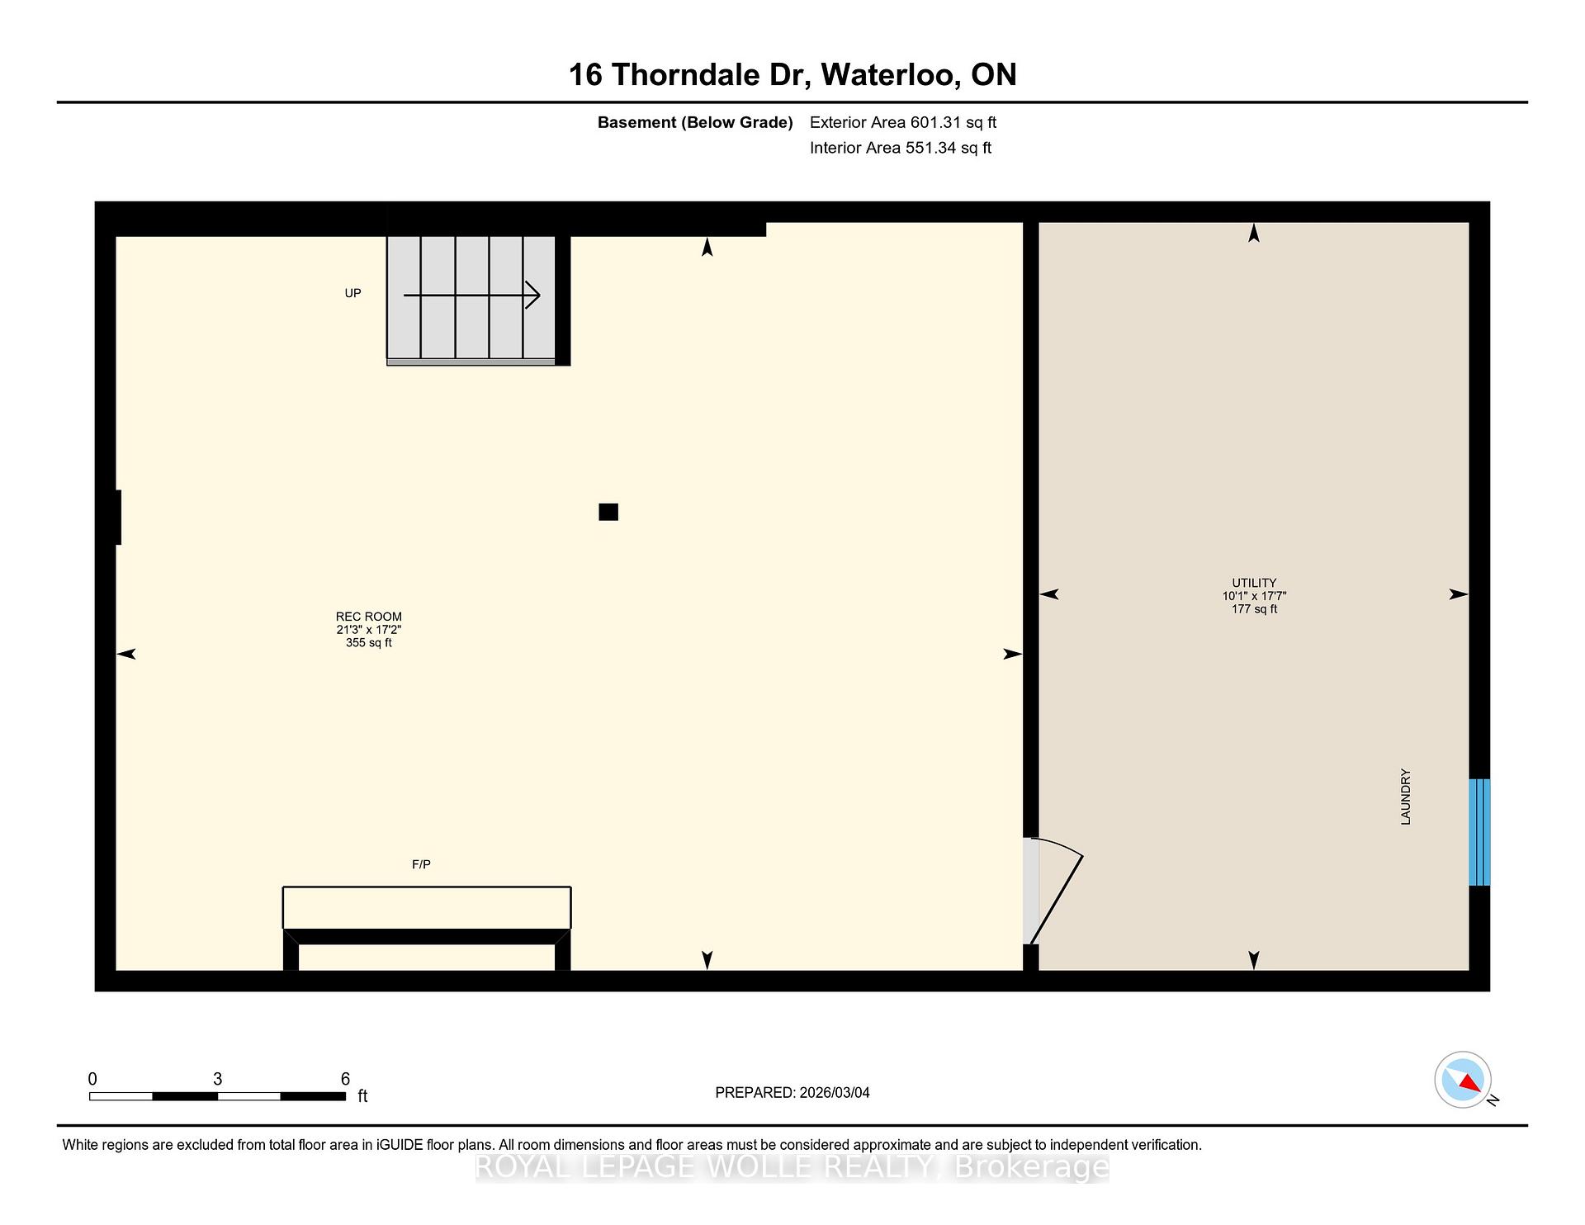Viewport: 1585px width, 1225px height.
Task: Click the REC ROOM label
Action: coord(369,617)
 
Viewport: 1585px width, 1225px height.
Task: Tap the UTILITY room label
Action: coord(1254,583)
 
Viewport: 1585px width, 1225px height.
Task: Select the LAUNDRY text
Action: coord(1406,797)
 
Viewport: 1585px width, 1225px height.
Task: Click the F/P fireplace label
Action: coord(421,864)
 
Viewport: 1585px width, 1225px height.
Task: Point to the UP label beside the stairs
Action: coord(352,293)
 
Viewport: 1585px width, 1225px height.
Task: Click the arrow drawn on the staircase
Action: coord(471,295)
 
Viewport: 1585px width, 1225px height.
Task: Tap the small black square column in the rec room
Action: coord(608,512)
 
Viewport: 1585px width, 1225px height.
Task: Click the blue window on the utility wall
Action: coord(1479,832)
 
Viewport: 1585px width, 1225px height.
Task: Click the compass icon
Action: coord(1463,1080)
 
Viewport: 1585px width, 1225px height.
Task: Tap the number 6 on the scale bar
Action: coord(345,1079)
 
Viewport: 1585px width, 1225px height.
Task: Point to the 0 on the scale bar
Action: coord(92,1079)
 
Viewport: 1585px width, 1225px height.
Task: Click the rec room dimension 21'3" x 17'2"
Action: coord(369,630)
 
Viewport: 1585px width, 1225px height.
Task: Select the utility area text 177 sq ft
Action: coord(1254,609)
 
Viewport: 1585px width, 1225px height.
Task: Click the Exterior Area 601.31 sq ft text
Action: coord(903,123)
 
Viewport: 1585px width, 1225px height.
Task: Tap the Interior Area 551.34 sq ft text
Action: coord(901,149)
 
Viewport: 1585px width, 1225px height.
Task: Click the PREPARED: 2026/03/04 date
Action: coord(792,1093)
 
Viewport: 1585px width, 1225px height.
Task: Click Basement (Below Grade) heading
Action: coord(695,123)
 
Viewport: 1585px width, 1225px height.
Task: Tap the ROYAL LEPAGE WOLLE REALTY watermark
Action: coord(792,1167)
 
